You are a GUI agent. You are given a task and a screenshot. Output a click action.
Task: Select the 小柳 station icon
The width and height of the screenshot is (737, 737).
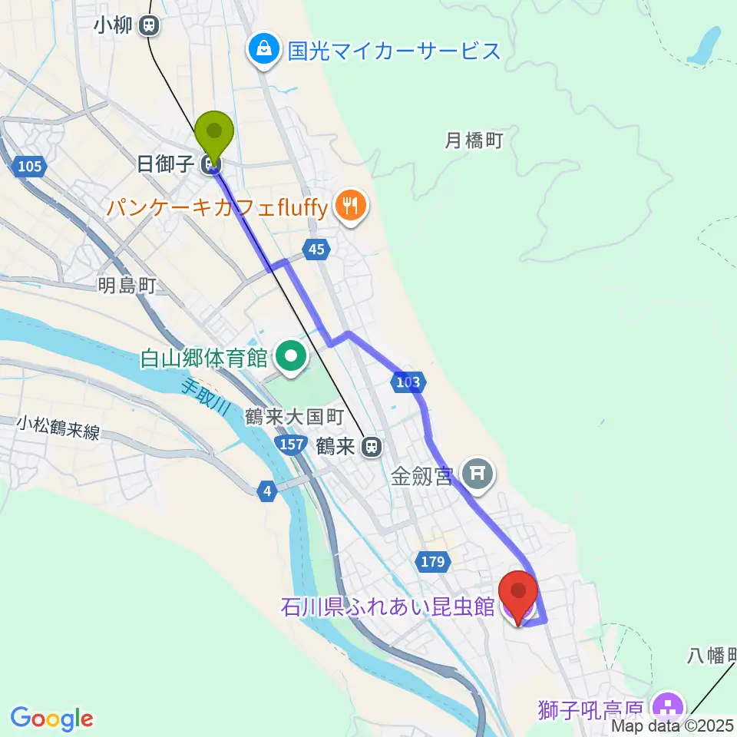[x=149, y=26]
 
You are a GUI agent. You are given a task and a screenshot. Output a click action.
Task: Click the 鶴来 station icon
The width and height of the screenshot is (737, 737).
[x=372, y=446]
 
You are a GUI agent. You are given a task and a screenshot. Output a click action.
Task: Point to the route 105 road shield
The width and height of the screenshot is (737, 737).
[x=29, y=165]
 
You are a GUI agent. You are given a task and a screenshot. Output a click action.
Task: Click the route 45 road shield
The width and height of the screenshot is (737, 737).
[x=318, y=248]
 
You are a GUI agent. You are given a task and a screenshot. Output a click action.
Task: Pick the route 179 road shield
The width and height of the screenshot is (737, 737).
[x=432, y=562]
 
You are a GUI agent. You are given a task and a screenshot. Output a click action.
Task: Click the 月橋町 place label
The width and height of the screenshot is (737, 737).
[x=474, y=140]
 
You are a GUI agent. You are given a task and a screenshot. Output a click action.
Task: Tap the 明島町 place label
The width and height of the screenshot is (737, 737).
[x=127, y=286]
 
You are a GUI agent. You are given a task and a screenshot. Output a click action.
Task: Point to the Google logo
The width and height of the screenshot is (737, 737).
[x=52, y=718]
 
